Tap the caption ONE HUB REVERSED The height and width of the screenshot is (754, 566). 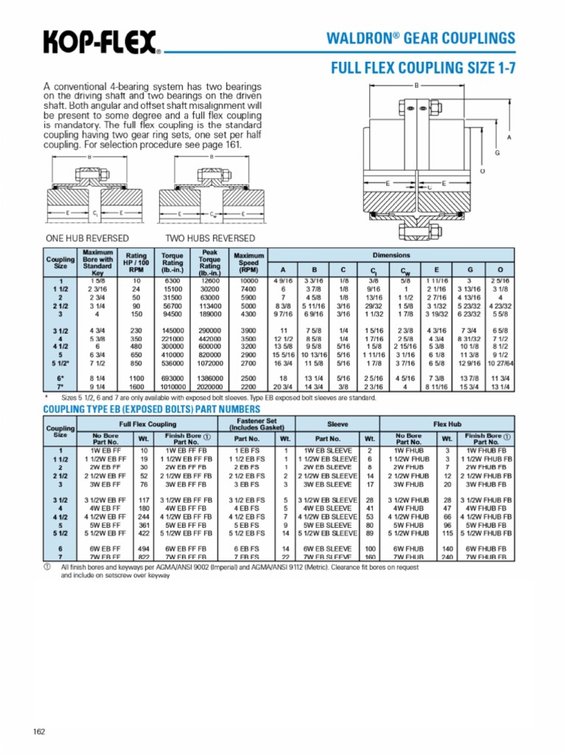point(87,238)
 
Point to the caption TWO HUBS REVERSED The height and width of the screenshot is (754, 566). point(210,238)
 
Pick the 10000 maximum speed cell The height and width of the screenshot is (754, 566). point(248,281)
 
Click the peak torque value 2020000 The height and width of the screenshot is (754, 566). point(211,387)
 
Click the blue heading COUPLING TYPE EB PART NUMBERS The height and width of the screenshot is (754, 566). point(152,409)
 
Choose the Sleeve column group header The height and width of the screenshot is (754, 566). point(337,424)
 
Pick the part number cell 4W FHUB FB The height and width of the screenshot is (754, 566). point(486,507)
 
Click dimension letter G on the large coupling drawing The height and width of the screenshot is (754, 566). point(497,152)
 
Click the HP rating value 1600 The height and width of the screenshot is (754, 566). point(136,387)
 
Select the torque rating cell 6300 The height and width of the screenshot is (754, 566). point(172,281)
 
